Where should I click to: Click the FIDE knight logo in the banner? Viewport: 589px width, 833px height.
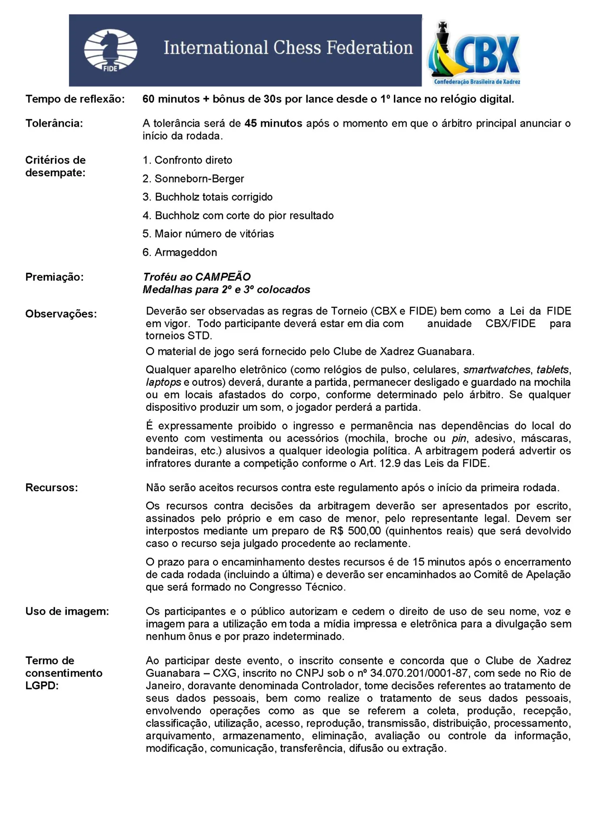[110, 50]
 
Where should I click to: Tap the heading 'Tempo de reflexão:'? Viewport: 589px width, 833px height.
[75, 99]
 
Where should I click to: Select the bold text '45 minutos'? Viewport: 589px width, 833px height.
[273, 124]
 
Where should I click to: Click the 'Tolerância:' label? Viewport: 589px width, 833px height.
[54, 124]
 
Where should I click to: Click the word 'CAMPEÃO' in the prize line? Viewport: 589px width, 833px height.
[223, 277]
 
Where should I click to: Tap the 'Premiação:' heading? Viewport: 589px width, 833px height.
[55, 277]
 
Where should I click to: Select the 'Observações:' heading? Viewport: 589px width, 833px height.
[61, 314]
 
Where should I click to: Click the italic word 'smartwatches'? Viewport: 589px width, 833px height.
[497, 370]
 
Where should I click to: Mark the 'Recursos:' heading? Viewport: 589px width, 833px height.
[52, 488]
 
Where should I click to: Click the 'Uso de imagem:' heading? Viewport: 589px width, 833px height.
[67, 611]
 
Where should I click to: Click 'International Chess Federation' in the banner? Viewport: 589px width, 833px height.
[288, 48]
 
